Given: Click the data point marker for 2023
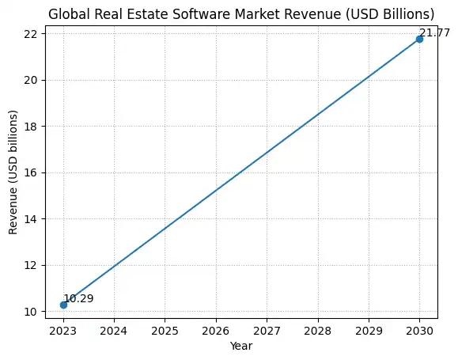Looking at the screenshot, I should point(63,305).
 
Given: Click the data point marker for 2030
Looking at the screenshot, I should point(419,39).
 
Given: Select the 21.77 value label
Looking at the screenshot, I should point(434,32).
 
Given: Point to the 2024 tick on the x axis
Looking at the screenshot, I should point(114,331).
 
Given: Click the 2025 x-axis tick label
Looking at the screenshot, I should point(165,331).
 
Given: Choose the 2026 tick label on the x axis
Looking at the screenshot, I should point(216,331).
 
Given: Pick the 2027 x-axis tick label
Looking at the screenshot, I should point(267,331).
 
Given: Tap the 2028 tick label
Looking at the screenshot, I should point(317,331).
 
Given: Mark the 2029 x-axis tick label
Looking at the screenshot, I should point(369,331).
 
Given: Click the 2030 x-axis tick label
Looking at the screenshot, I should point(419,331).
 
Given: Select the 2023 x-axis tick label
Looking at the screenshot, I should point(63,331).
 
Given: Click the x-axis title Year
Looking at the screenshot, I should point(241,346).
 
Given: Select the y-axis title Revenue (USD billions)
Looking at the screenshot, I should point(13,171).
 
